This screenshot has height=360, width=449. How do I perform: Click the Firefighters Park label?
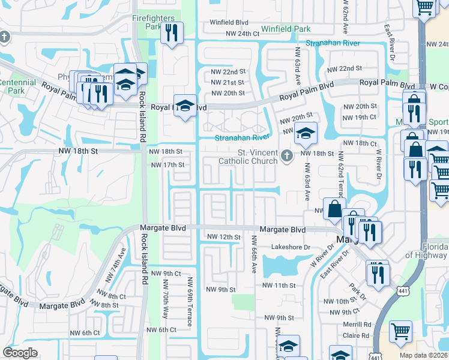tap(154, 22)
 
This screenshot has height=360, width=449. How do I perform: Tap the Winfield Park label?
tap(285, 29)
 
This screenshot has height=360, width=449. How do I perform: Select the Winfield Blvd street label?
tap(229, 22)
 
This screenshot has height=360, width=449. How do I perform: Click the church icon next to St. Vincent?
tap(287, 157)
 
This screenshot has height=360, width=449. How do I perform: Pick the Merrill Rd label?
tap(359, 324)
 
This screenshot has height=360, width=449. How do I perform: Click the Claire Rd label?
tap(359, 336)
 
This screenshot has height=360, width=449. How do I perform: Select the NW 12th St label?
tap(223, 238)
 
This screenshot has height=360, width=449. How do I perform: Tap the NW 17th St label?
tap(166, 165)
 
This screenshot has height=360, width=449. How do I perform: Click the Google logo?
tap(20, 353)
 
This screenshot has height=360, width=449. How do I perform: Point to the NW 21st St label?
tap(228, 82)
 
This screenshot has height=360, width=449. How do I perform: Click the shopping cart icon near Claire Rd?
tap(400, 331)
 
